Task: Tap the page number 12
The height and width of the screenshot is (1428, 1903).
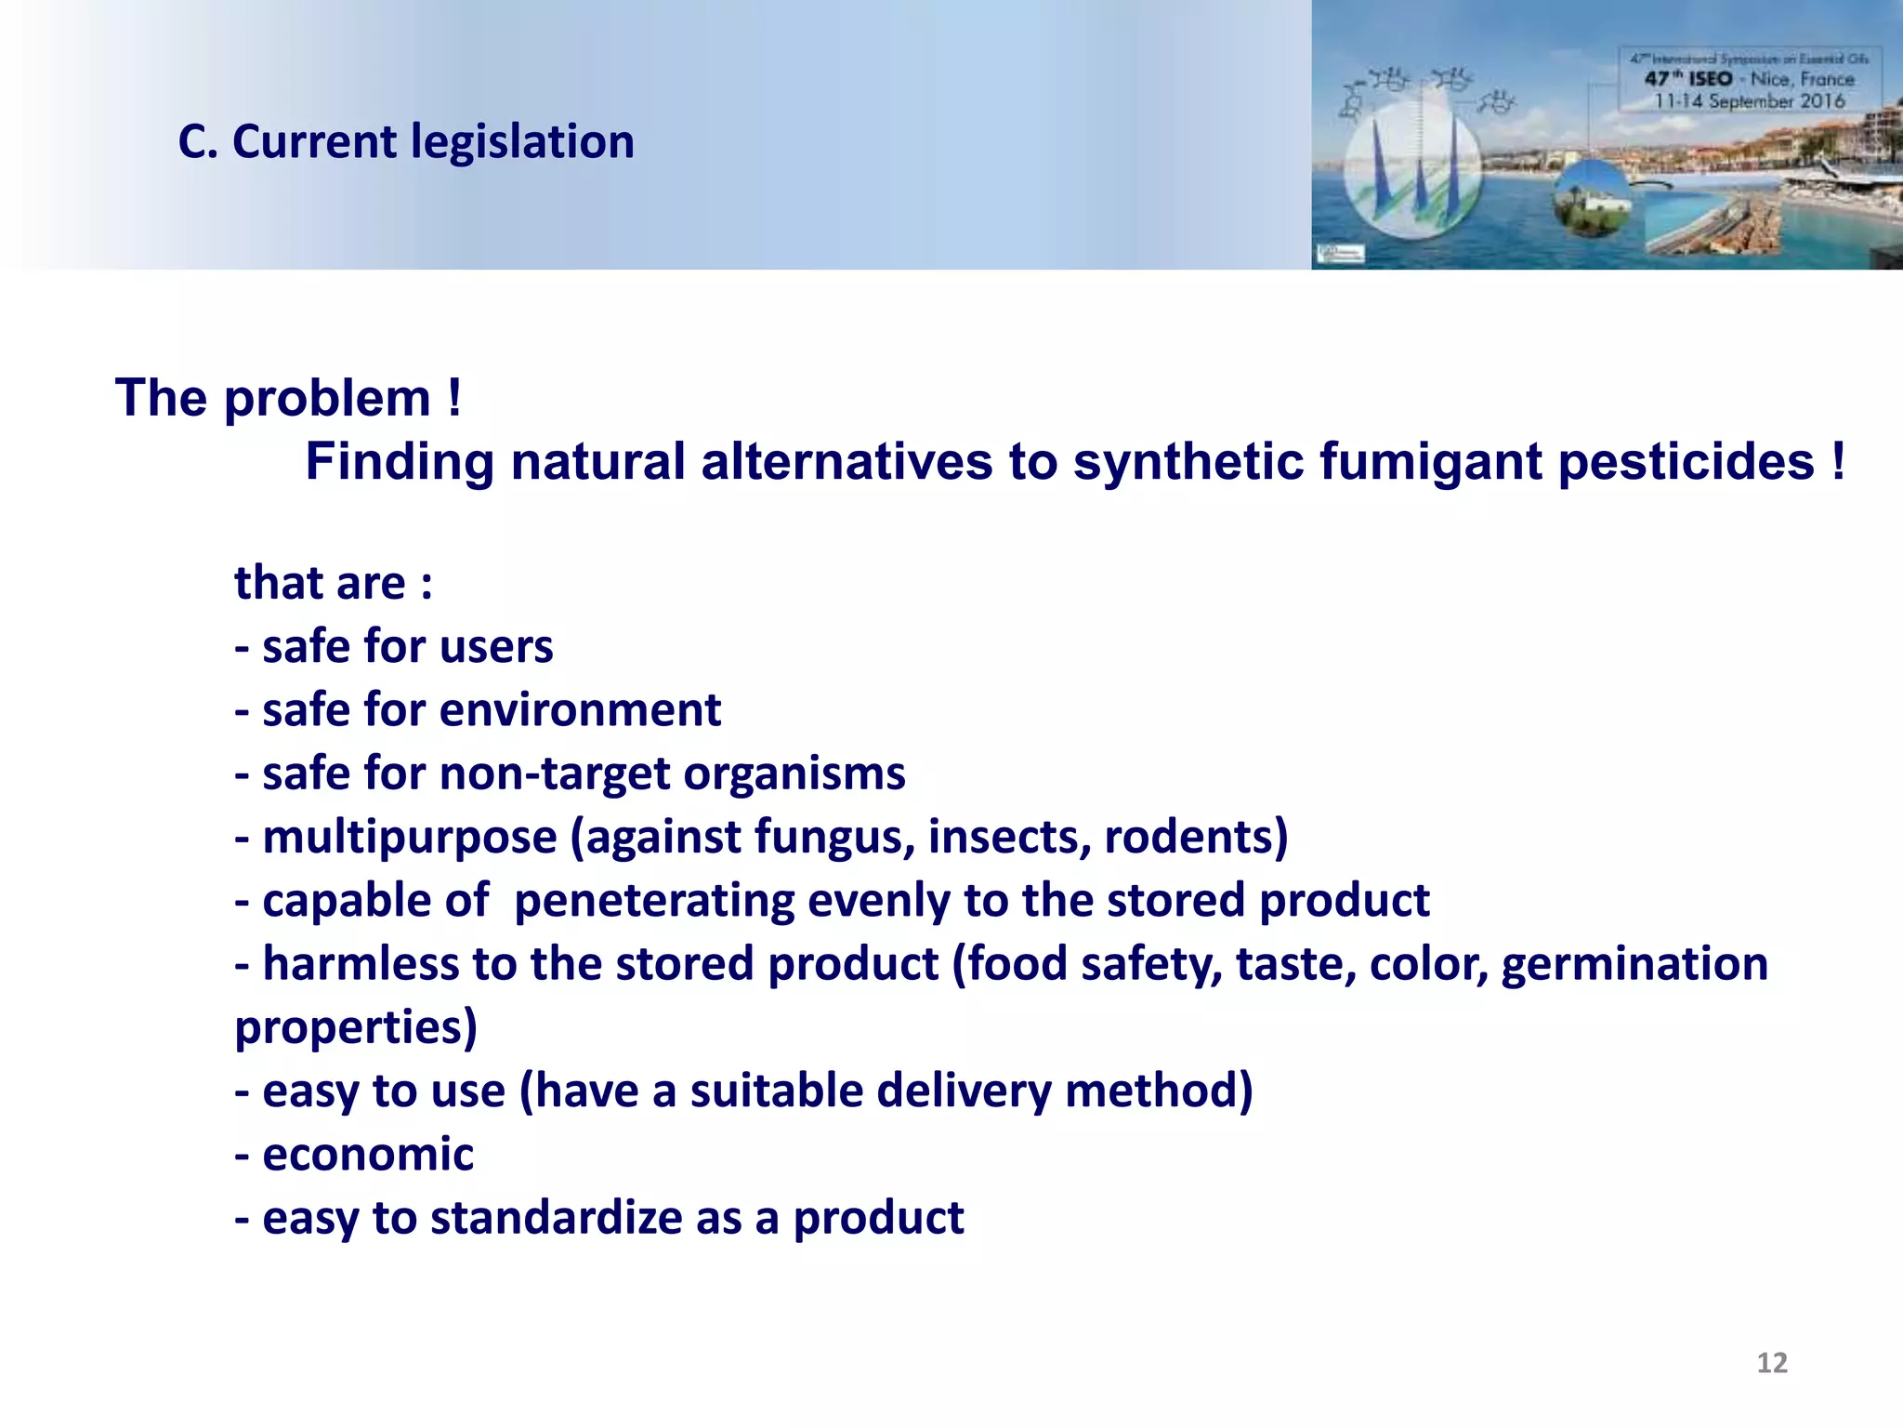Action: [x=1772, y=1363]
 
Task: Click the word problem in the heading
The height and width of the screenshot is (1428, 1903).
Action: [x=327, y=399]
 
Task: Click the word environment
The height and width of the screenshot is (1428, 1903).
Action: [x=580, y=710]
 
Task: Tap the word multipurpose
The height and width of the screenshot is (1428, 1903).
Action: [x=410, y=837]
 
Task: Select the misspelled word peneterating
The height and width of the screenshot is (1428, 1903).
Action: [x=654, y=901]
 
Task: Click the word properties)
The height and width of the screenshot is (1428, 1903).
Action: [x=356, y=1028]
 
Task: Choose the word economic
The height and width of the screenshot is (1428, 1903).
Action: [x=368, y=1155]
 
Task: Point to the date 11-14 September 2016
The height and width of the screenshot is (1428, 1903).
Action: [x=1749, y=101]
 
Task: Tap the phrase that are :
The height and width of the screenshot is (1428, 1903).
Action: [x=333, y=584]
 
